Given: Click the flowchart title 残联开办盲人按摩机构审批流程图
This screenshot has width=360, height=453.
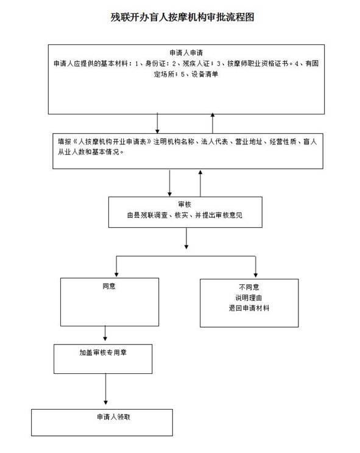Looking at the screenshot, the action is (x=182, y=17).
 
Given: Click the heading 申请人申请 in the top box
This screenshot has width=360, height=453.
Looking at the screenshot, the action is (x=186, y=52).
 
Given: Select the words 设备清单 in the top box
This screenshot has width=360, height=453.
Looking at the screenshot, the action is (x=205, y=74).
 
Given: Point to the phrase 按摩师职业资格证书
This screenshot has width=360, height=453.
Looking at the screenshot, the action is (x=258, y=63).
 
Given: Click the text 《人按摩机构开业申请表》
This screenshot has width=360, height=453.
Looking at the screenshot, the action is (x=112, y=141).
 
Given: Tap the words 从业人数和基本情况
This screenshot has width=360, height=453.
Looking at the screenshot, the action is (x=89, y=152).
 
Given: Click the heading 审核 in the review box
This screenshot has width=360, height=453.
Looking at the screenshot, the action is (x=185, y=205).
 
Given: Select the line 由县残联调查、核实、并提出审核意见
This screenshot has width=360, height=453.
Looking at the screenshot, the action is (x=185, y=215).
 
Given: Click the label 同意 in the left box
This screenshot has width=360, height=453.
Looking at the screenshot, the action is (x=109, y=286).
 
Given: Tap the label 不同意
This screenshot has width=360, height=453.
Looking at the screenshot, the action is (x=249, y=287).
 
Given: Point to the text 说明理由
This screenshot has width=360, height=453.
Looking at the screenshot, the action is (x=249, y=298).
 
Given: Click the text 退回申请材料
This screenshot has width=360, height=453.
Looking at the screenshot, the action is (x=249, y=308).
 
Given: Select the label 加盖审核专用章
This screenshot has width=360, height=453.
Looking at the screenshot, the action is (x=103, y=353).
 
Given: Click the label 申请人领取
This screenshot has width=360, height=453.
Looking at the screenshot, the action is (x=113, y=416).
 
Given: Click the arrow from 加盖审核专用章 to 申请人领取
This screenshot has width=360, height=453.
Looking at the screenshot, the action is (x=106, y=389).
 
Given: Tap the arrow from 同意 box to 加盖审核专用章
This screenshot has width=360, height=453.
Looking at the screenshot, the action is (x=105, y=334).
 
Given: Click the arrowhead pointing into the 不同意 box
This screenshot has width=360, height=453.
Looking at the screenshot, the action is (x=256, y=275).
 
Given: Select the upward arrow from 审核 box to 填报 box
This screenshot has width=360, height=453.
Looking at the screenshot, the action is (x=200, y=183).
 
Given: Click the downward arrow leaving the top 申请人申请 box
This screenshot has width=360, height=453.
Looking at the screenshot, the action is (x=158, y=123).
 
